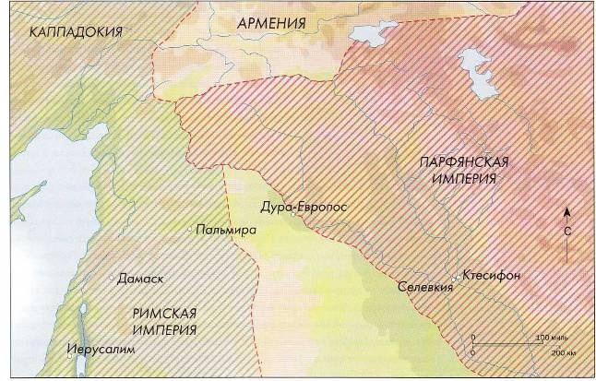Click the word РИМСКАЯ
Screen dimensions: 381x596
pos(158,314)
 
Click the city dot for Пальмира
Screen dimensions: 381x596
pos(190,229)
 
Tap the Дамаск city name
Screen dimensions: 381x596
pos(140,278)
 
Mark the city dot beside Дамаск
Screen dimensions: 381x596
pos(112,277)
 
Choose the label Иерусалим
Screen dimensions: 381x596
pos(101,350)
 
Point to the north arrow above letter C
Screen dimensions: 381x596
pos(566,214)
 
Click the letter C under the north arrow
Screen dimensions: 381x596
pos(566,235)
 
